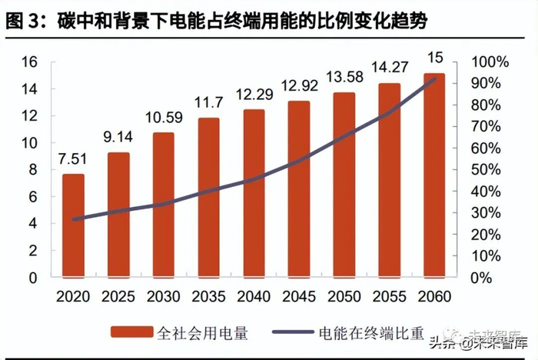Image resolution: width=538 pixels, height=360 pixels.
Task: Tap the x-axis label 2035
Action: (x=208, y=295)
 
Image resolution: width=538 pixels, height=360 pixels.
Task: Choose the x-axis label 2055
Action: (x=389, y=295)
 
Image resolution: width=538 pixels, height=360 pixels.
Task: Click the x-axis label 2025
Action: (x=118, y=295)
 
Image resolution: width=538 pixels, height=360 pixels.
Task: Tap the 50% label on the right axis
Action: (x=488, y=169)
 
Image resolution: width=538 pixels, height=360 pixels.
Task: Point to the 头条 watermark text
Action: (x=450, y=344)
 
